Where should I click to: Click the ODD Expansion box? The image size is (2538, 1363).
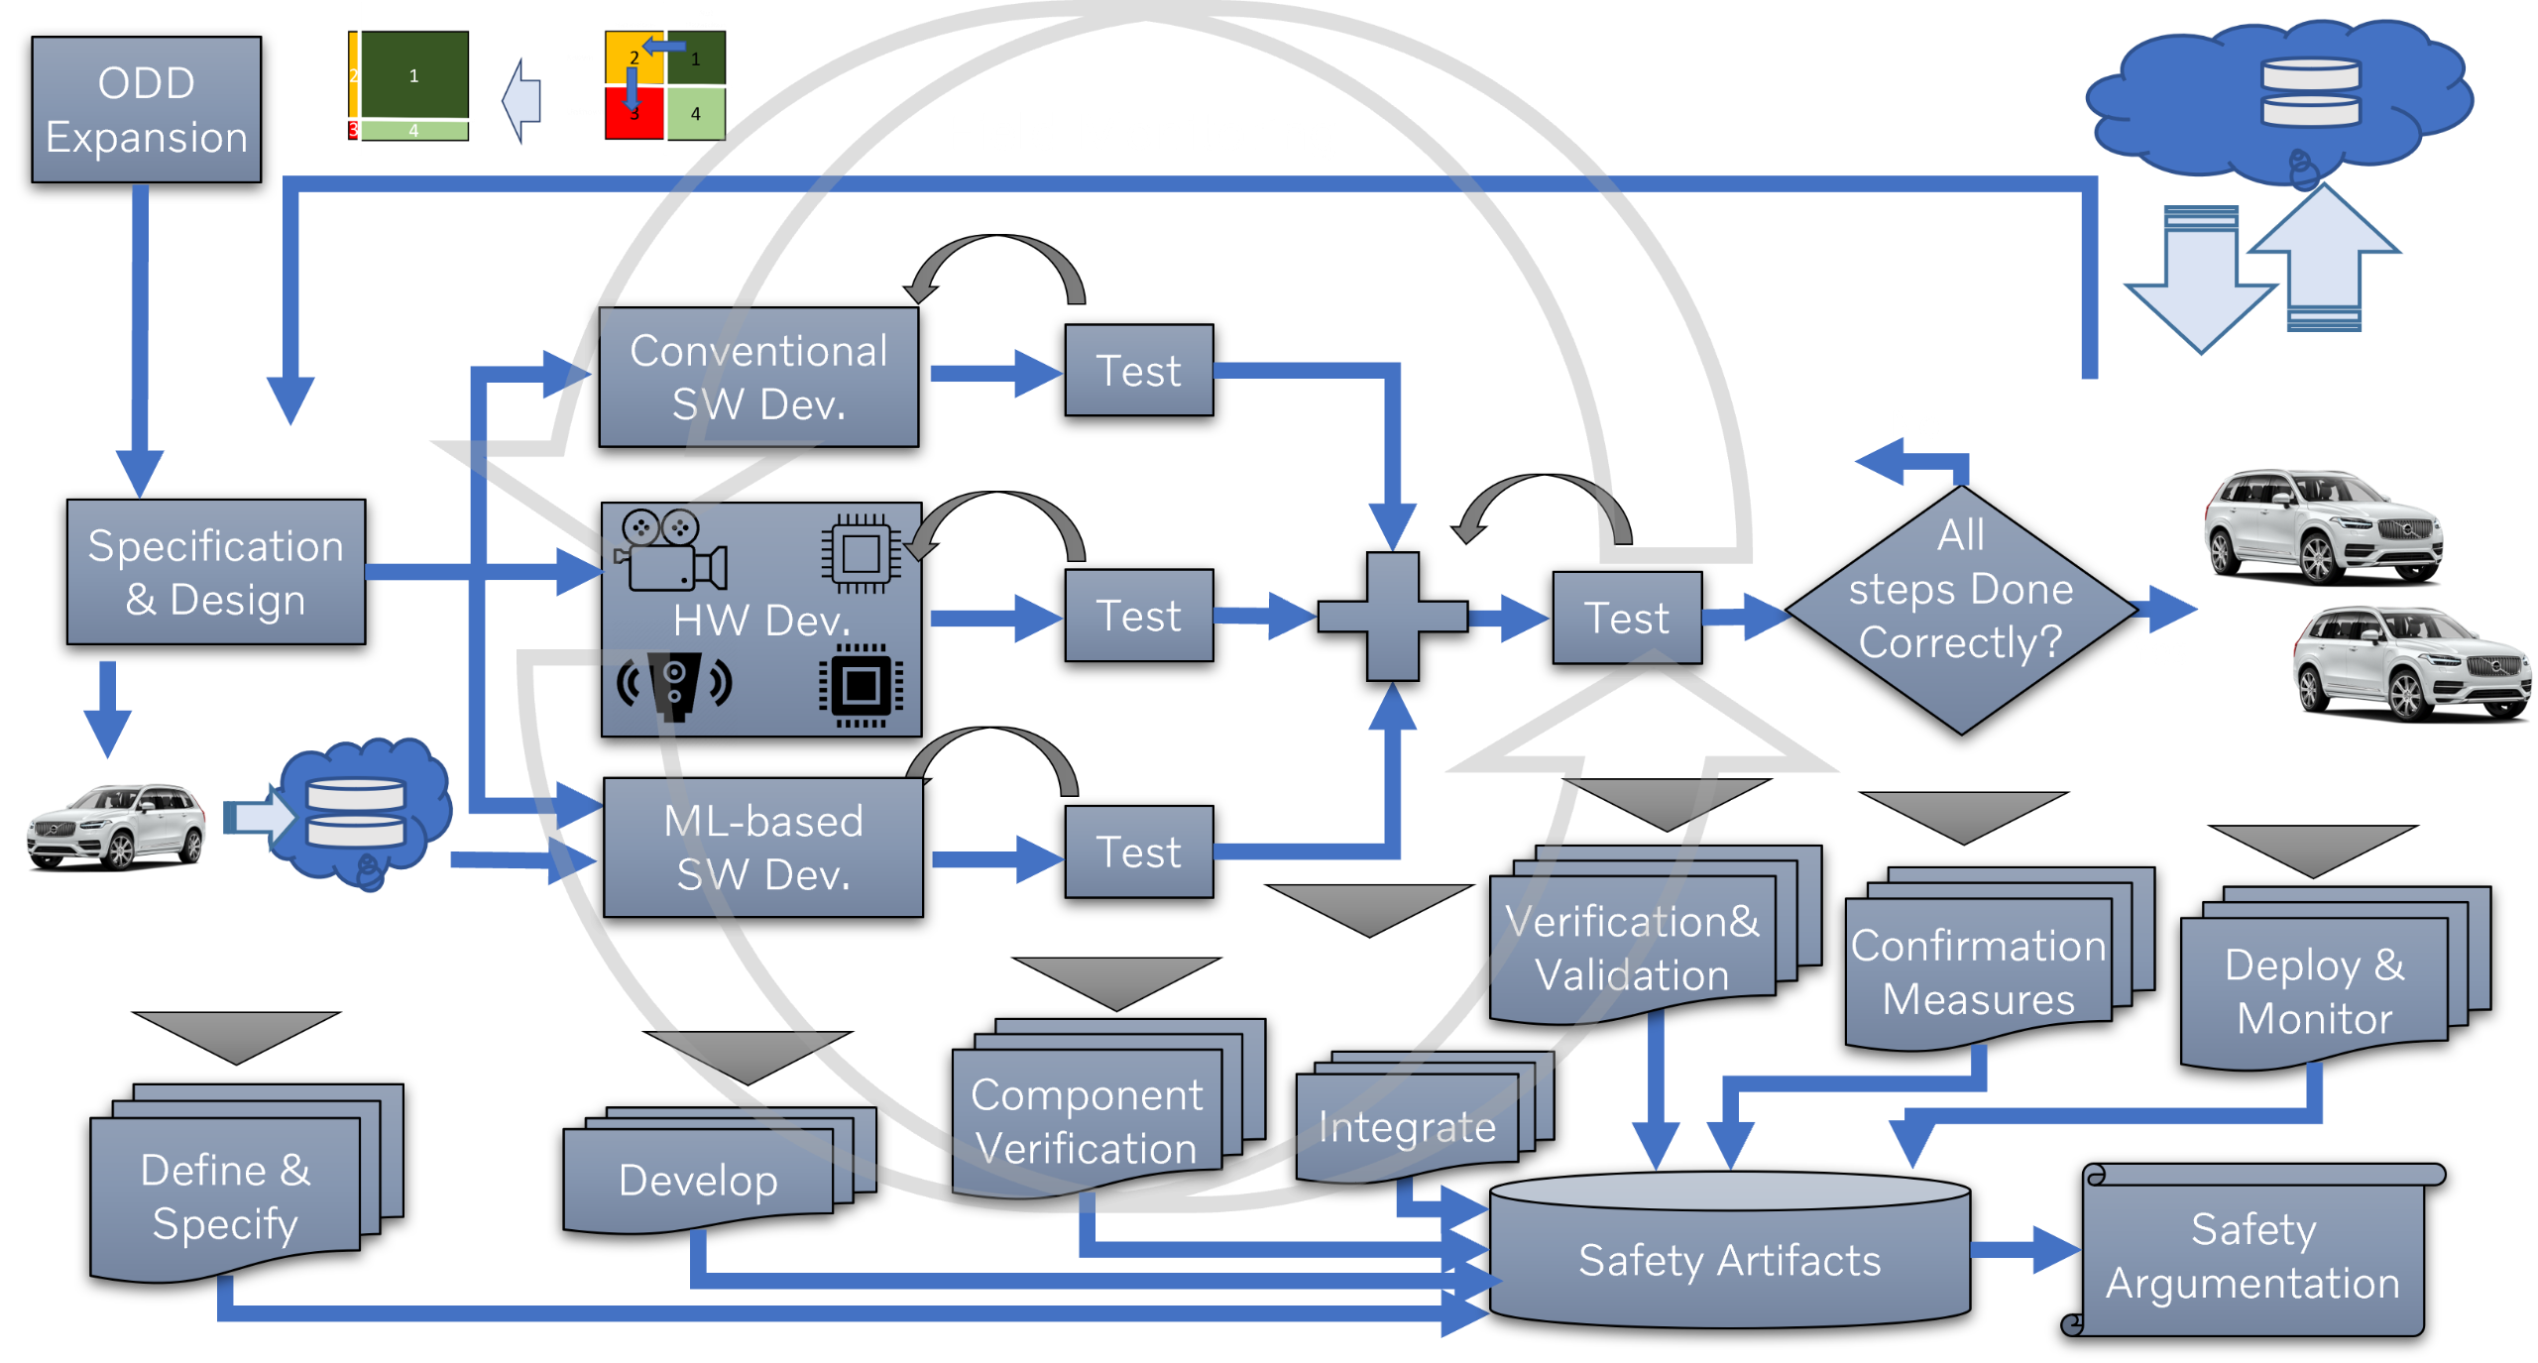(147, 110)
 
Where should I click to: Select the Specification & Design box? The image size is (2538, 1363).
(216, 572)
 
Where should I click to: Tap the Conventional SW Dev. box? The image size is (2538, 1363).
(758, 377)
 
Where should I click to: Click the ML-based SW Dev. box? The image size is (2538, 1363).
(762, 848)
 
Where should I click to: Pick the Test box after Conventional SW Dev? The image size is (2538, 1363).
(1138, 371)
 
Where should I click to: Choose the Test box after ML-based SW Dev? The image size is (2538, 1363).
(1138, 852)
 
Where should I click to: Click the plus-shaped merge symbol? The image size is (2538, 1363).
(1393, 617)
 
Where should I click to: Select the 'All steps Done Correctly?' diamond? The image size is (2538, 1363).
(1960, 610)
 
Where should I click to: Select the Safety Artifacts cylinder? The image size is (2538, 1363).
(1729, 1259)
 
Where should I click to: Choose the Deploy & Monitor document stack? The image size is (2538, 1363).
(2314, 991)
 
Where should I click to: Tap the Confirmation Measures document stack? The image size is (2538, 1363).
(1978, 971)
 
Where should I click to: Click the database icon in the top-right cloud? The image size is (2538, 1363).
(2310, 93)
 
